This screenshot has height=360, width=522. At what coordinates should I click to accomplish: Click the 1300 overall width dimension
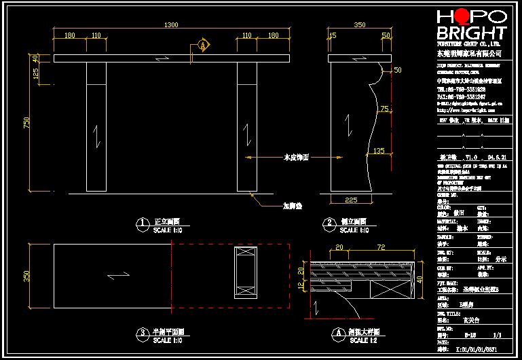click(x=171, y=25)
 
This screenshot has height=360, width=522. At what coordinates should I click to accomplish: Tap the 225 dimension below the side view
click(x=352, y=200)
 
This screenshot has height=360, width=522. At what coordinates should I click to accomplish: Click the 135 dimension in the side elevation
click(x=378, y=151)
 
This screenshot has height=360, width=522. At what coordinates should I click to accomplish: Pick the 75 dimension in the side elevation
click(x=385, y=109)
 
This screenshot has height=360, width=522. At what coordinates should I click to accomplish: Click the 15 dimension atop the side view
click(x=332, y=35)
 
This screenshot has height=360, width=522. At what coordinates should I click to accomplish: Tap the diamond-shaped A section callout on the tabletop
click(x=202, y=46)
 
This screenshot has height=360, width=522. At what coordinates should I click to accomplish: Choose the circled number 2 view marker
click(x=329, y=223)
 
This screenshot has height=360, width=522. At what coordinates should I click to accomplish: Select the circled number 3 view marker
click(x=142, y=333)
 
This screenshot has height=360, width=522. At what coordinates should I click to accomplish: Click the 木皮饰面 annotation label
click(x=296, y=157)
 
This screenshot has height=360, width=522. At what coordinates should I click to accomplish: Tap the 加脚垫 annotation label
click(x=293, y=206)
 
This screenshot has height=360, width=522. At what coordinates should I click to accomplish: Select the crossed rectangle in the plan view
click(x=244, y=273)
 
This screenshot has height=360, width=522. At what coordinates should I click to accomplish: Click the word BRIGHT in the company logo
click(x=471, y=33)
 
